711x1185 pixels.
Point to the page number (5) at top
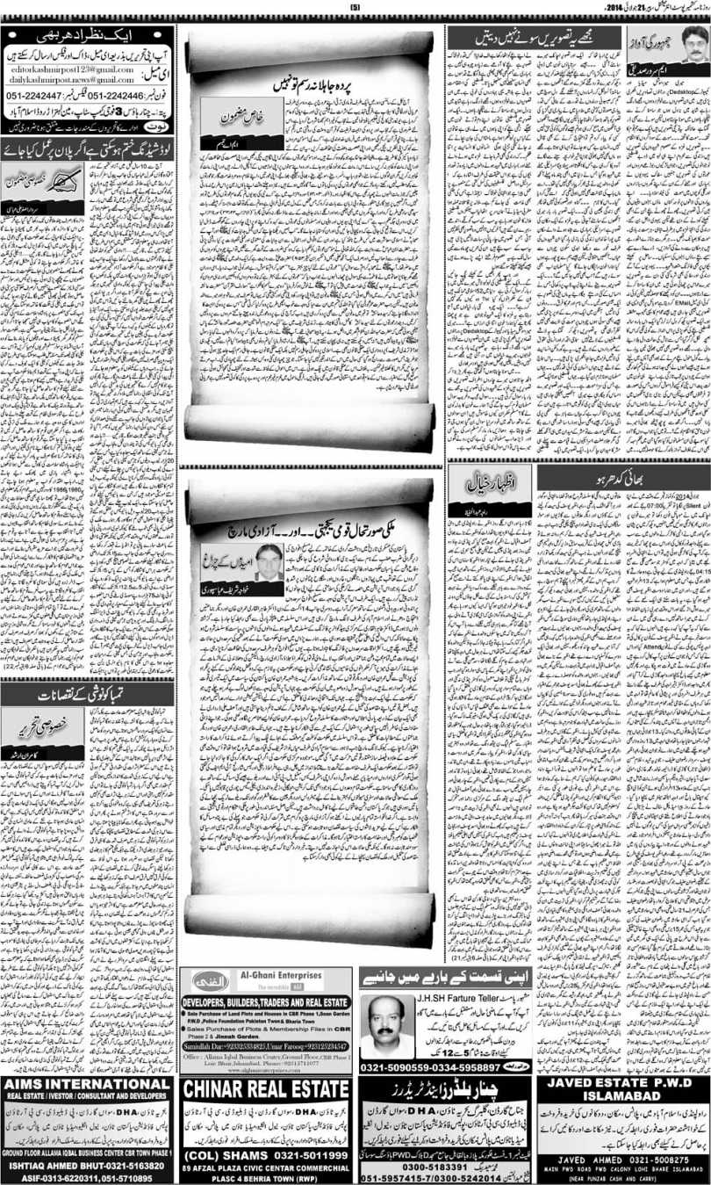[x=355, y=8]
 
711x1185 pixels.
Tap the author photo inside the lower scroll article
[x=269, y=562]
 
